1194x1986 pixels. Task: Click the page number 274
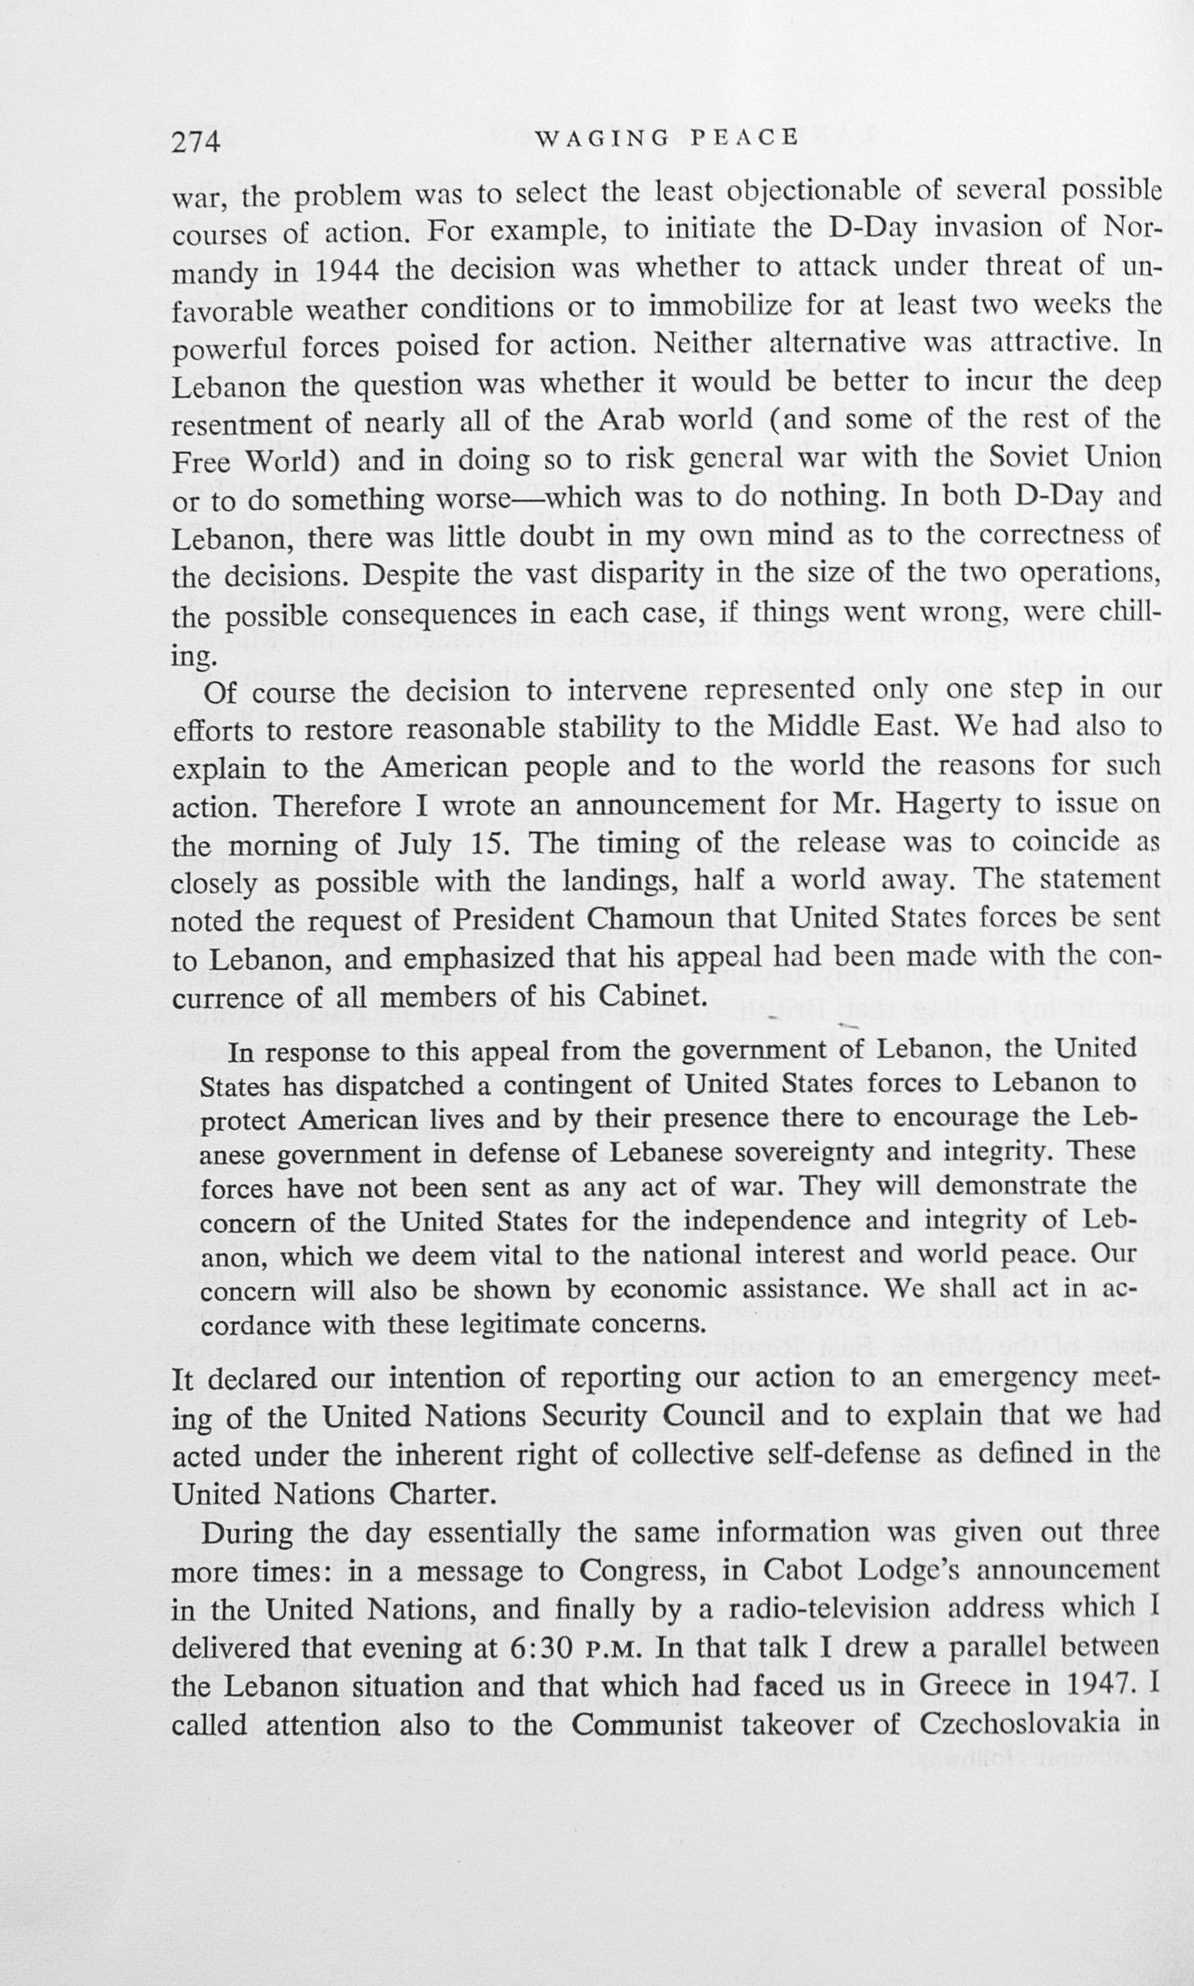196,142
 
